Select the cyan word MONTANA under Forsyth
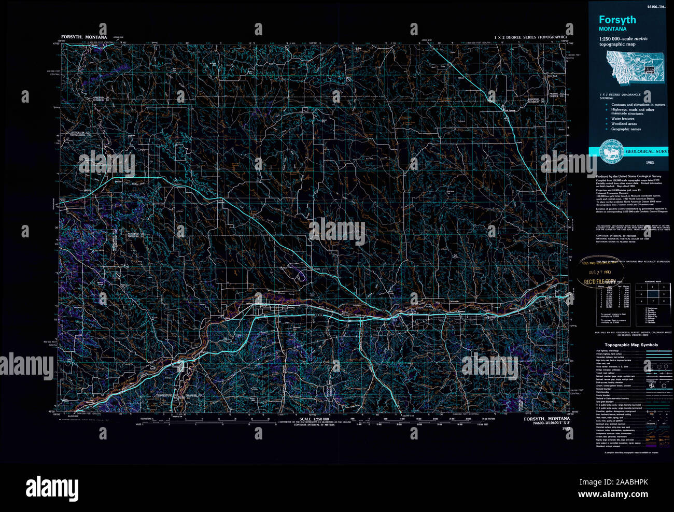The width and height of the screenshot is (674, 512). tap(612, 29)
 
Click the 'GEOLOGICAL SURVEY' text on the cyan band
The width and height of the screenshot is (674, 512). tap(645, 151)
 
